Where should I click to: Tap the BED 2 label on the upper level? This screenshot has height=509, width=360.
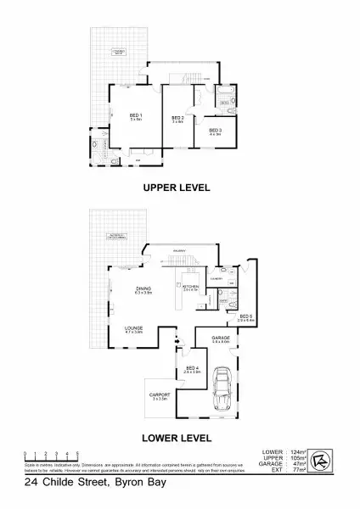177,118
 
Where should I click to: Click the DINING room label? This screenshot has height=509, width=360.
143,290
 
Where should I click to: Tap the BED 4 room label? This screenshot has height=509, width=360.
192,368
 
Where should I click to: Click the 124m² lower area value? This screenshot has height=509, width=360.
296,451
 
